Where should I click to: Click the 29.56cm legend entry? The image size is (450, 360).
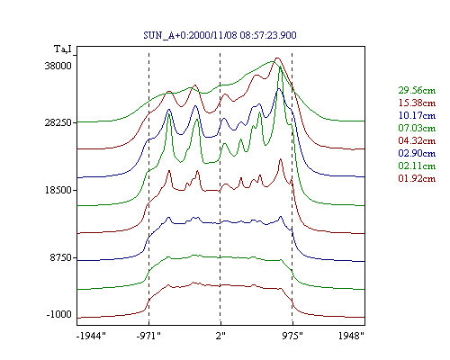417,90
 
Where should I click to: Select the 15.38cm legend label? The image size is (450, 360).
417,103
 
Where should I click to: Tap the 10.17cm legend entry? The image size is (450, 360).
417,115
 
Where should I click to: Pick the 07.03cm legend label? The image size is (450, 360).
417,128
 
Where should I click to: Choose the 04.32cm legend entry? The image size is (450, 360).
417,140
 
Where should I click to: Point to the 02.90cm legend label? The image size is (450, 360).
417,153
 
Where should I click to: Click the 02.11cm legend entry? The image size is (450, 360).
417,166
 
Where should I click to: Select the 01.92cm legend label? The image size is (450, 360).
417,178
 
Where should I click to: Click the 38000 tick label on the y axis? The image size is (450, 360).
58,66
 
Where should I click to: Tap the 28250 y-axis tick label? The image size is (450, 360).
58,122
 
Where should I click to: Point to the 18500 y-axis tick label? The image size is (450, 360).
58,190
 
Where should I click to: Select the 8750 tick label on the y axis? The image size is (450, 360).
61,257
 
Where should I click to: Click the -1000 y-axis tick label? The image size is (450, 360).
59,314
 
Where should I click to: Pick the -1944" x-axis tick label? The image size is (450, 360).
91,336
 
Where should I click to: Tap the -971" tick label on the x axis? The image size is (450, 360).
148,336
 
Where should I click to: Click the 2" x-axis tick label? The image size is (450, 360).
220,336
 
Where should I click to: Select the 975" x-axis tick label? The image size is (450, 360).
292,336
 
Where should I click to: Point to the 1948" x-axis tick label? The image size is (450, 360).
351,336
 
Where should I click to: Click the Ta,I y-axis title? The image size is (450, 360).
63,49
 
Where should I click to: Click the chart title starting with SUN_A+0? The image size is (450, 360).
220,35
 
